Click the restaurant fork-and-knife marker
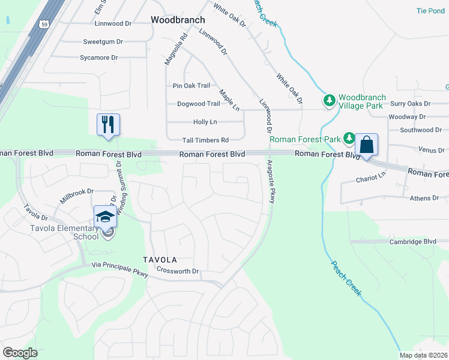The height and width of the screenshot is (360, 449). tap(108, 125)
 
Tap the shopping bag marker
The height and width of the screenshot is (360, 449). tap(366, 145)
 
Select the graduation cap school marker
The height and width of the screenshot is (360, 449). tap(105, 216)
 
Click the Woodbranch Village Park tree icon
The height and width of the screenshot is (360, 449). tap(329, 100)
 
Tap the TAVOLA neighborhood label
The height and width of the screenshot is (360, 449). tap(160, 260)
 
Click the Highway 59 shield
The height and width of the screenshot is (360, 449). tap(44, 24)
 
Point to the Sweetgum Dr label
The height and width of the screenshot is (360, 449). tap(103, 42)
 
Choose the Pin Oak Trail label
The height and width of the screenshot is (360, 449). tap(191, 86)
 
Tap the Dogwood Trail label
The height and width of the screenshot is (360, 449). tap(199, 104)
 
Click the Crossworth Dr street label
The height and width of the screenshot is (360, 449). tap(177, 271)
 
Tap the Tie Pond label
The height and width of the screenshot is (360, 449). tap(430, 11)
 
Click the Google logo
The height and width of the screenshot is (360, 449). tap(20, 353)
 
